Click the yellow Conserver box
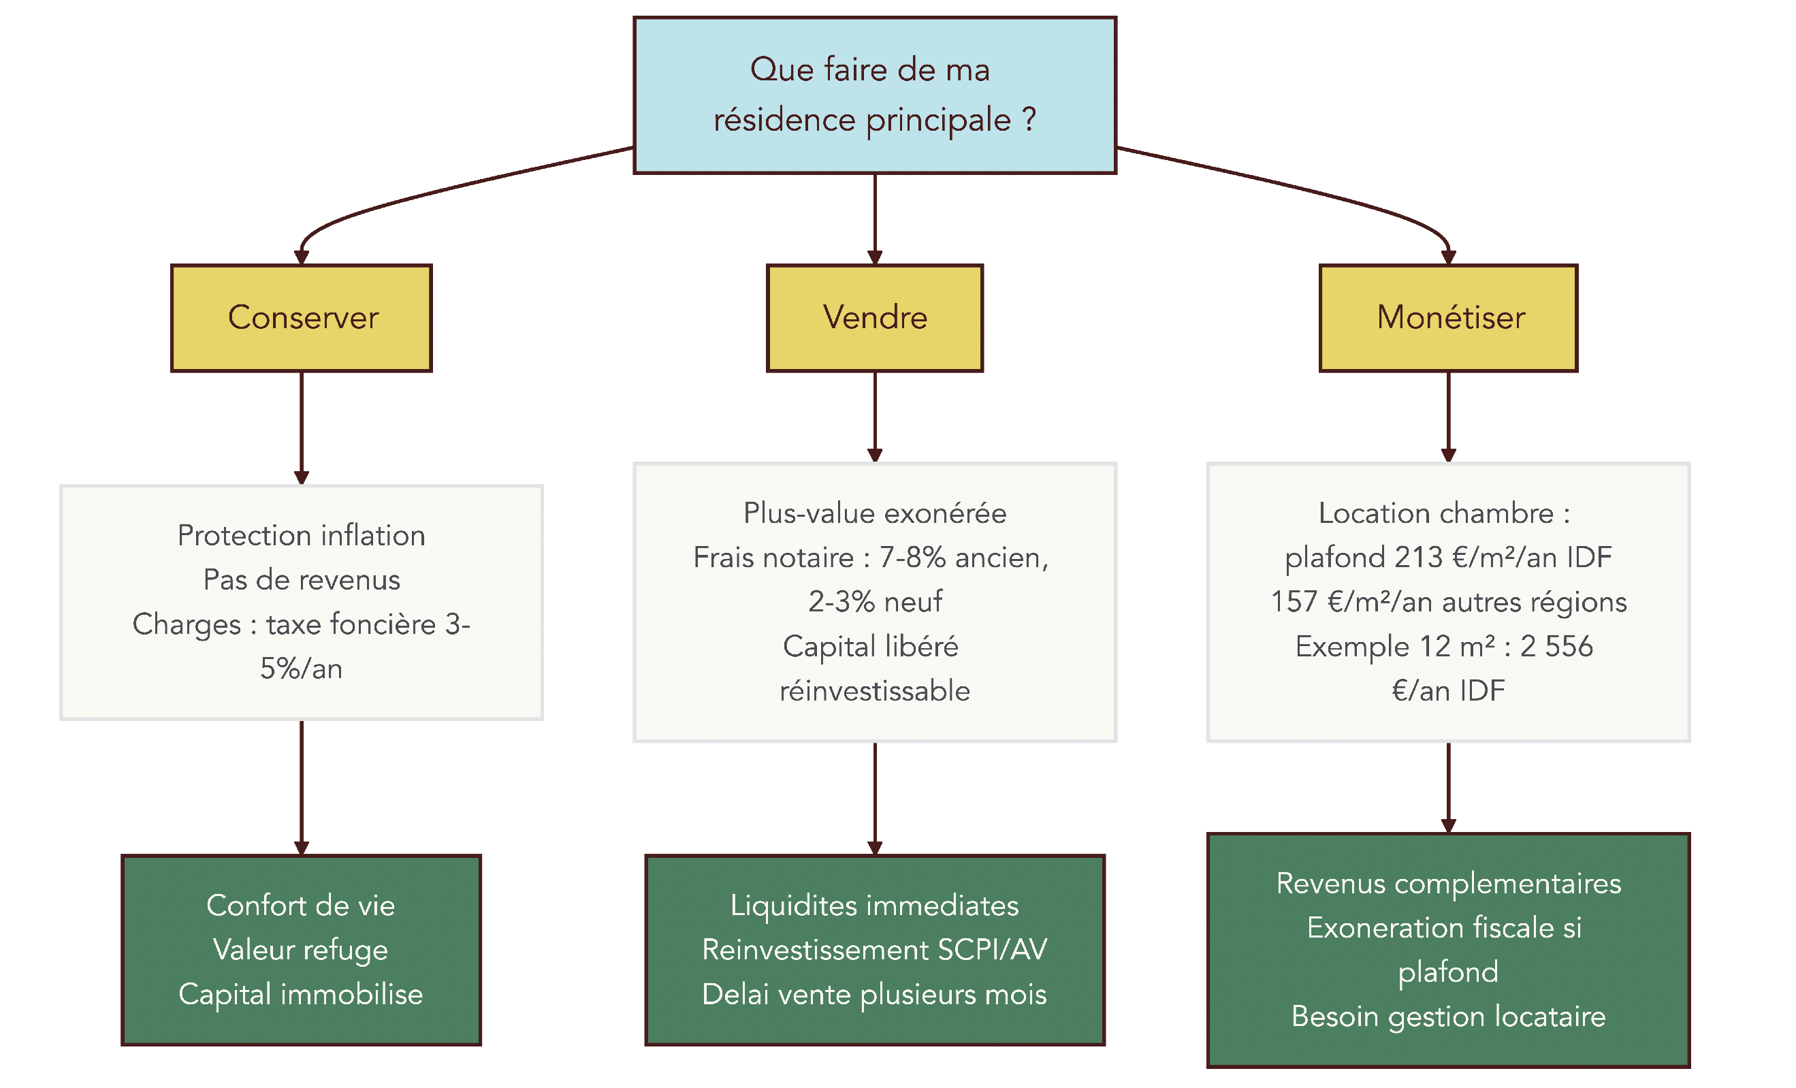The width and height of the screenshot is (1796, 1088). [x=301, y=318]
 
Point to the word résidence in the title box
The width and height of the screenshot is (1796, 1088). [x=784, y=121]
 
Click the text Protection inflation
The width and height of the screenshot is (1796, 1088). [x=301, y=536]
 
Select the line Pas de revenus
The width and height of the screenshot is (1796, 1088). [x=301, y=580]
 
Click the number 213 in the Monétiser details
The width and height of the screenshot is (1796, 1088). [x=1417, y=558]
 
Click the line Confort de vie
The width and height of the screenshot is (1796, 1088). [x=301, y=905]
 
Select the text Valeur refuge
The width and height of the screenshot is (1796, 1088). [x=301, y=950]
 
